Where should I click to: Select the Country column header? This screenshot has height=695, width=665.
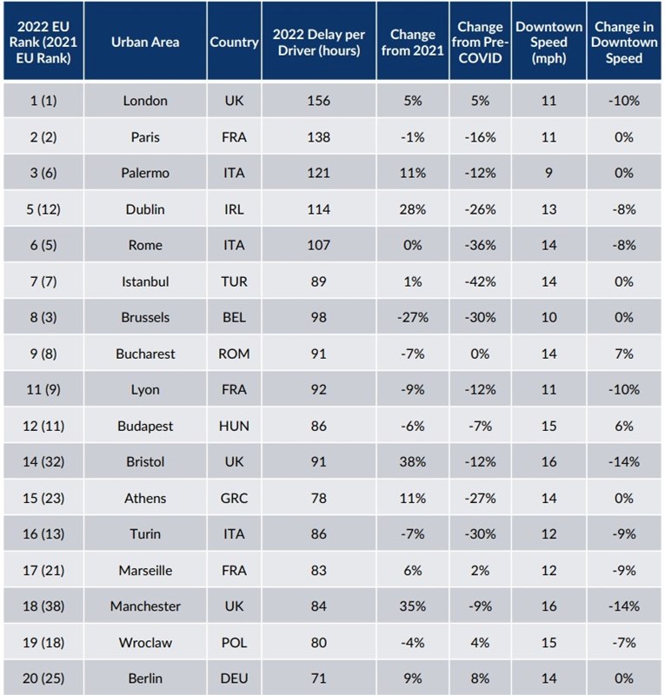(234, 42)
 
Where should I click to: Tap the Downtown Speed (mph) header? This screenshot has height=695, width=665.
(549, 42)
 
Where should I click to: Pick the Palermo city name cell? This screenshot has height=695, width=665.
(145, 173)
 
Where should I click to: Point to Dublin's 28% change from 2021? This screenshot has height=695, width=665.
(412, 209)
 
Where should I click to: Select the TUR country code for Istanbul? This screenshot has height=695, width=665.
(234, 281)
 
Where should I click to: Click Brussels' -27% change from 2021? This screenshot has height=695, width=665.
(412, 318)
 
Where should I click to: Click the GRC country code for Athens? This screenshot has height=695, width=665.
(234, 499)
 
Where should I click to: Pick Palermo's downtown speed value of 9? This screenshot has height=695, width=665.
(549, 173)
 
